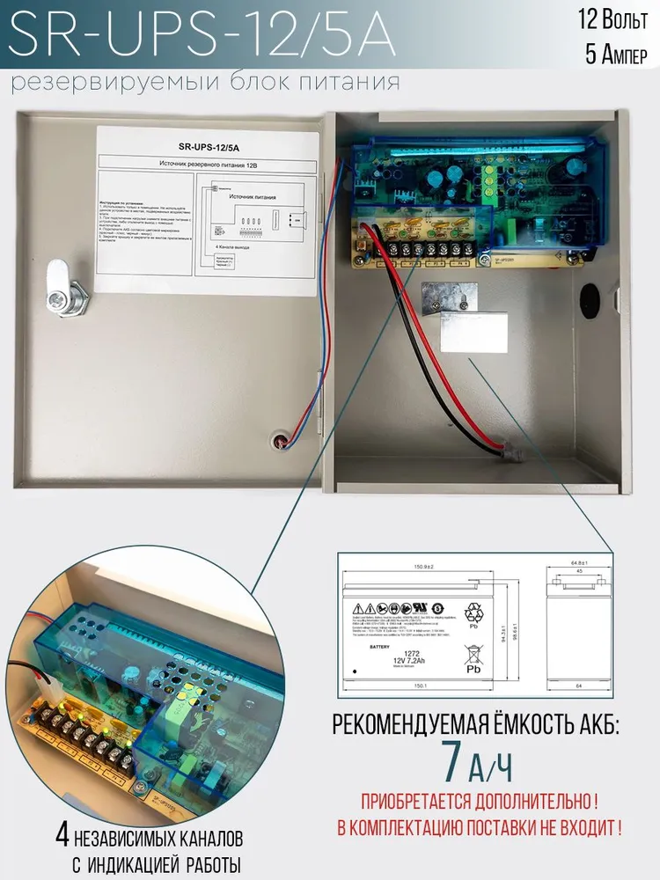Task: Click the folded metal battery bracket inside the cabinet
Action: (466, 318)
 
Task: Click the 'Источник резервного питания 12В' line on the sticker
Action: (204, 164)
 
